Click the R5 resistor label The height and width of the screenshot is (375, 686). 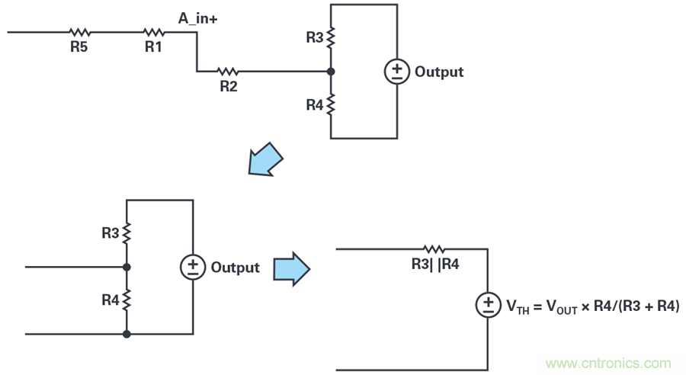(79, 46)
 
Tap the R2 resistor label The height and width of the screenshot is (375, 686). (229, 86)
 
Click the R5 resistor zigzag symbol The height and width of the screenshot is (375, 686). (79, 32)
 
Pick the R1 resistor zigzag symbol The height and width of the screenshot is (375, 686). (154, 32)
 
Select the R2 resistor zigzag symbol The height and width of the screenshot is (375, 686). (229, 72)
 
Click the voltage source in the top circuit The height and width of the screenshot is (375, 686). (396, 72)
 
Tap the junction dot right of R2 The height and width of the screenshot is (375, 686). (330, 72)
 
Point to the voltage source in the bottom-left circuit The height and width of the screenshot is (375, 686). (193, 268)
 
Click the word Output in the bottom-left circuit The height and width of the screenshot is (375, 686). (235, 268)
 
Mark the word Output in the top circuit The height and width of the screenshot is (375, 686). (439, 72)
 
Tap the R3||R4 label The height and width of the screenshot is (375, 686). (434, 264)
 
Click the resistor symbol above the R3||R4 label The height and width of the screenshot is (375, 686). (434, 249)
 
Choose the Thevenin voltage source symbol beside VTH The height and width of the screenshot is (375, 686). (488, 306)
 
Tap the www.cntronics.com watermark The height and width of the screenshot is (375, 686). (608, 363)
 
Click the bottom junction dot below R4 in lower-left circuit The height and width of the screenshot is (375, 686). (127, 333)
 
